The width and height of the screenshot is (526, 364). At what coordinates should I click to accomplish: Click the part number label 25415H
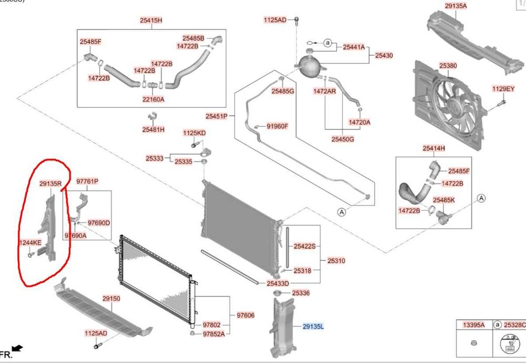151,21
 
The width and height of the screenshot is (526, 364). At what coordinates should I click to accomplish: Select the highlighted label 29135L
313,327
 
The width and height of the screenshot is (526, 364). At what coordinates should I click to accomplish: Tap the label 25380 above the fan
448,66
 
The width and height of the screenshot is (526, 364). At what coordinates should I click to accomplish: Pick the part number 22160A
153,99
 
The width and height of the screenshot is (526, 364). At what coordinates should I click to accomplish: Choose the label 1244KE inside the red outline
31,242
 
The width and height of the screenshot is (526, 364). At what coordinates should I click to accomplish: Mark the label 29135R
51,184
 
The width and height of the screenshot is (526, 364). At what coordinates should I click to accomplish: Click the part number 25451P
216,116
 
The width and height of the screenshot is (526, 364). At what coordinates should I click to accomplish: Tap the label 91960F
278,126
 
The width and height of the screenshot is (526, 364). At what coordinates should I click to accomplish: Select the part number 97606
245,316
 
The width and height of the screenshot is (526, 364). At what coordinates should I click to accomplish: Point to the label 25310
336,260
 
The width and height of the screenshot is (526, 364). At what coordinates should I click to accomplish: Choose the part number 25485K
444,200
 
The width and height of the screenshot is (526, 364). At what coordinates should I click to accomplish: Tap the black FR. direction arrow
17,348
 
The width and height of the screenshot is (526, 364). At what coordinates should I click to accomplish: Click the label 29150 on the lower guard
111,298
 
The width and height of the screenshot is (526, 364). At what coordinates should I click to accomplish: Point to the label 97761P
87,181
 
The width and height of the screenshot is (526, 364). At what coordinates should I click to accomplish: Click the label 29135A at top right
456,6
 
